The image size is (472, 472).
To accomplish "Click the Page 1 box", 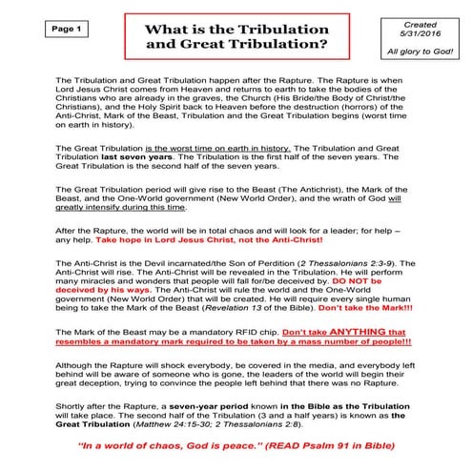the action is click(40, 30).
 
